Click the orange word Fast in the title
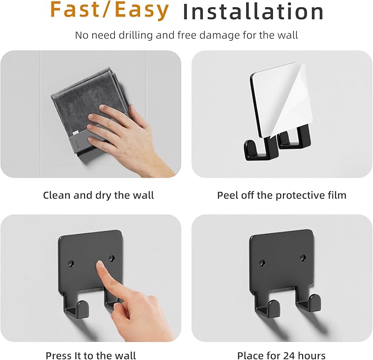click(x=75, y=10)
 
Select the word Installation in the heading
click(x=253, y=12)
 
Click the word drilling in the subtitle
click(x=136, y=35)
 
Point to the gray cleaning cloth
click(x=86, y=104)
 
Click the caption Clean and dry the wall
click(x=98, y=195)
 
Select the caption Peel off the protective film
click(x=282, y=195)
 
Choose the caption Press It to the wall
click(x=91, y=356)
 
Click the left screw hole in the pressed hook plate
click(x=71, y=263)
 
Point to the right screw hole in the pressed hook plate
click(x=112, y=258)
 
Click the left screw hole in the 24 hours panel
click(x=262, y=263)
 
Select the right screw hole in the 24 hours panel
click(x=303, y=257)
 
